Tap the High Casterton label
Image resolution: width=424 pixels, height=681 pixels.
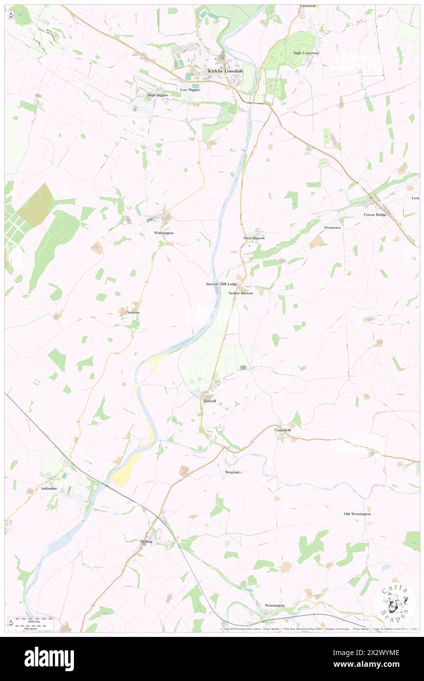pyautogui.click(x=306, y=53)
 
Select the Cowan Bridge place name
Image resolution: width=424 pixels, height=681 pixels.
pyautogui.click(x=375, y=215)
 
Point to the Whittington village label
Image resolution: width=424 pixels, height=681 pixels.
pyautogui.click(x=164, y=233)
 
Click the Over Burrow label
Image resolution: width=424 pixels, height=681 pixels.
pyautogui.click(x=254, y=238)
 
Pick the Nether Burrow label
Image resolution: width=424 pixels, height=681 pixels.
pyautogui.click(x=240, y=293)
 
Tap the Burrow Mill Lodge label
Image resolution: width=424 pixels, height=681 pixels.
pyautogui.click(x=221, y=284)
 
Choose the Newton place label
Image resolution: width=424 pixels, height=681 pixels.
pyautogui.click(x=133, y=312)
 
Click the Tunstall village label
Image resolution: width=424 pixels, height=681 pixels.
pyautogui.click(x=210, y=401)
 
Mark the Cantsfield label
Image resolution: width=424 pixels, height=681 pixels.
pyautogui.click(x=283, y=430)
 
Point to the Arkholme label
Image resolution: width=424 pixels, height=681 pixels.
pyautogui.click(x=49, y=489)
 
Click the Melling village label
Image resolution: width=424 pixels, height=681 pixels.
pyautogui.click(x=146, y=541)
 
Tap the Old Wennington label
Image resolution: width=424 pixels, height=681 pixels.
pyautogui.click(x=357, y=514)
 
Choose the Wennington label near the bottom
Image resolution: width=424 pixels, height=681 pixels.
pyautogui.click(x=274, y=606)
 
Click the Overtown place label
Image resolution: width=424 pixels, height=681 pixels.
pyautogui.click(x=332, y=228)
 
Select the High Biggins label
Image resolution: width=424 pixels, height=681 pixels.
pyautogui.click(x=158, y=95)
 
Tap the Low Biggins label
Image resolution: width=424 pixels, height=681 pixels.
pyautogui.click(x=190, y=90)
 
